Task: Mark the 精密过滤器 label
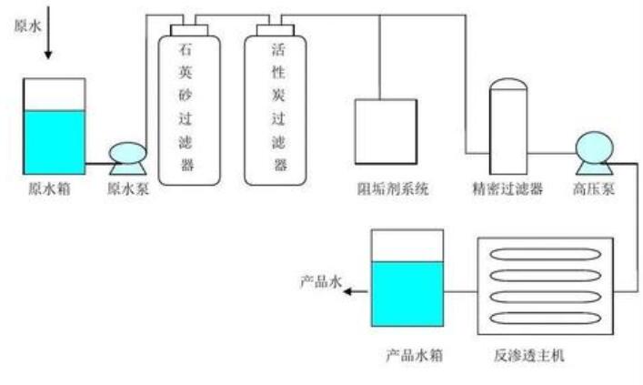(x=507, y=189)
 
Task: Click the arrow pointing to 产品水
(x=357, y=290)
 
